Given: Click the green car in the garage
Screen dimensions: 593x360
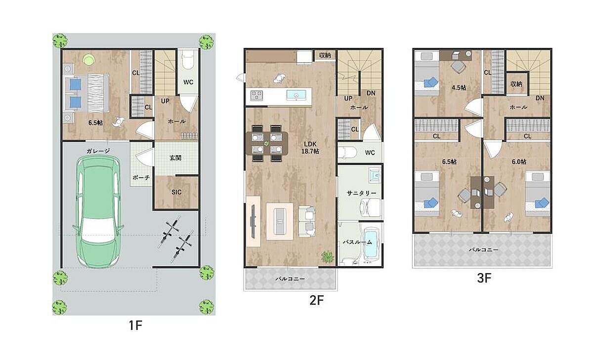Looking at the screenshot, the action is (x=98, y=212).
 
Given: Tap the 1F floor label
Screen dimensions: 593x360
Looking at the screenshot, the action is (x=135, y=325).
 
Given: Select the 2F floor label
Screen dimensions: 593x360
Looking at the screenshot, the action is (x=316, y=300).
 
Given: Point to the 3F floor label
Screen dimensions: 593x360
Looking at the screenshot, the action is (x=484, y=278).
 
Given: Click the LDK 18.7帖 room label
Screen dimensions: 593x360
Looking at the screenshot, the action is (x=310, y=148).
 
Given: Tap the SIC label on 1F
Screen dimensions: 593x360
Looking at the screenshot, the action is (x=176, y=192).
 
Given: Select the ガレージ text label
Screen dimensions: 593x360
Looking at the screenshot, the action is (x=98, y=151).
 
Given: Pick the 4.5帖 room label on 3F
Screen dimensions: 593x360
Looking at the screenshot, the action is (x=459, y=87).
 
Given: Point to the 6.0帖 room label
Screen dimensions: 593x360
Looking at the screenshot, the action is (x=519, y=161).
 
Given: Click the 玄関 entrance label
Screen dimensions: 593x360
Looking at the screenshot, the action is (x=175, y=158).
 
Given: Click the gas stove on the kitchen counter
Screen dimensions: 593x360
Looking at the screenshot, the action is (x=256, y=95).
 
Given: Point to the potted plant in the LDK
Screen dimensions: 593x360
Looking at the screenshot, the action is (x=328, y=257).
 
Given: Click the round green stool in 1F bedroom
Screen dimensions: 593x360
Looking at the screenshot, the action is (x=89, y=60).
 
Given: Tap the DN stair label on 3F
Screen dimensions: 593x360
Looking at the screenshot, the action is (x=540, y=98).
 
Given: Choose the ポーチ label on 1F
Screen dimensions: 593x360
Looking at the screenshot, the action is (x=141, y=178).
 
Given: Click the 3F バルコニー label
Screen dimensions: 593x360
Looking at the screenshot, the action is (x=484, y=249).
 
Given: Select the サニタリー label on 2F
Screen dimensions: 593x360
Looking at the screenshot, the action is (x=361, y=194).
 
